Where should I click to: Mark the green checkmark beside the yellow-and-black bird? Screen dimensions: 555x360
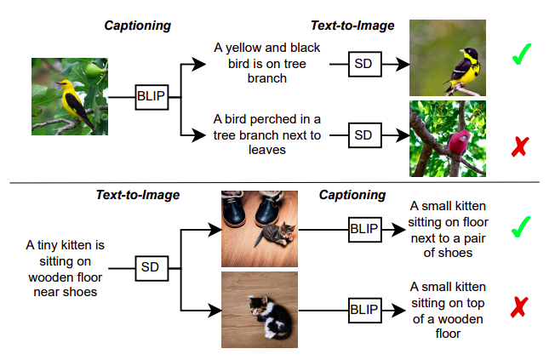tap(522, 54)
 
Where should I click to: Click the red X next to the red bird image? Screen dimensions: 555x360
tap(520, 146)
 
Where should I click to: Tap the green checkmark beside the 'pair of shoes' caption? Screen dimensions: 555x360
tap(521, 227)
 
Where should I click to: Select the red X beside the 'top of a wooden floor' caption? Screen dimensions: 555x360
tap(519, 307)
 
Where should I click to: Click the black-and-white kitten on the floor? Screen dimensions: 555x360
tap(270, 317)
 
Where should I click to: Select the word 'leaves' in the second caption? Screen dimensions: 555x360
tap(267, 150)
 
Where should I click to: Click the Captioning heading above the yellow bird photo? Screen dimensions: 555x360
tap(138, 26)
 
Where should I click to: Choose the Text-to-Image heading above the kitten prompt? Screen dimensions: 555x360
tap(138, 195)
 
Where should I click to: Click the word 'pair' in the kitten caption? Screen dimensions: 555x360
tap(474, 238)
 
